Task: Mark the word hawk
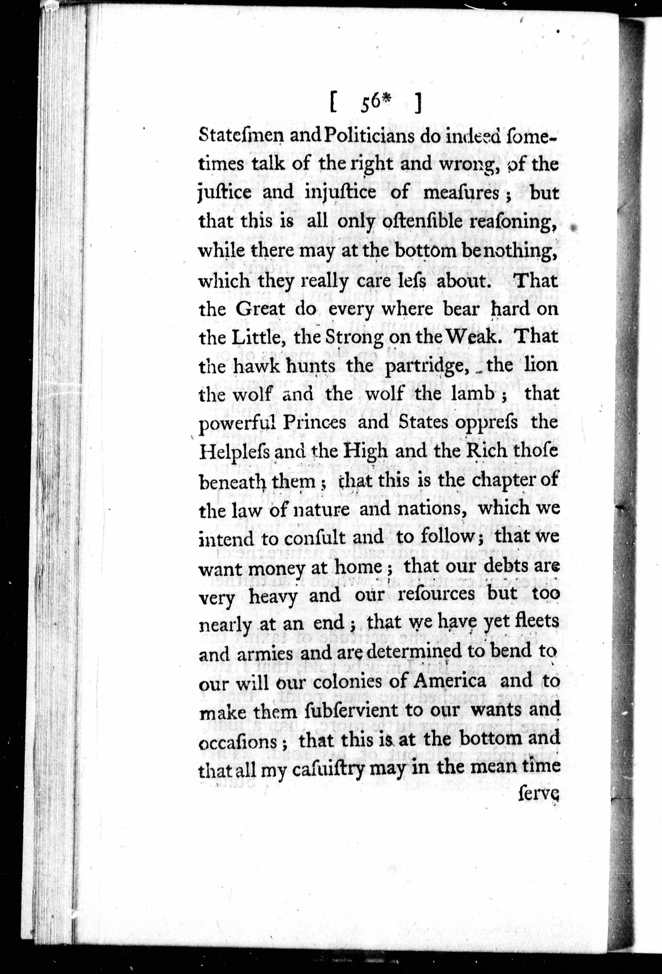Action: tap(257, 366)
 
